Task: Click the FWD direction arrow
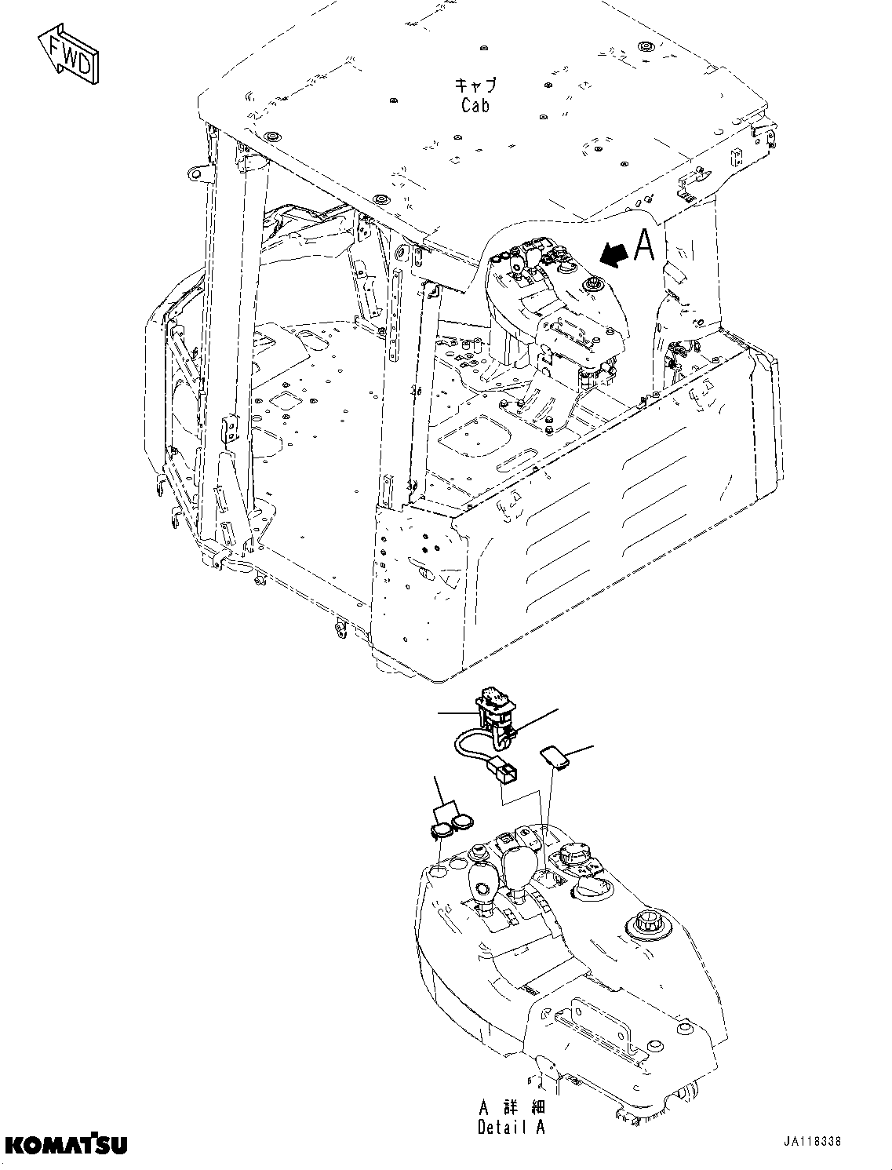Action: (69, 53)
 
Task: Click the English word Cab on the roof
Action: (475, 104)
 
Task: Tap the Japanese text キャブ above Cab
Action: (475, 85)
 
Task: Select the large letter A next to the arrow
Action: (644, 245)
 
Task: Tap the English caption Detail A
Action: (511, 1127)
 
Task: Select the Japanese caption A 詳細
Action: (511, 1108)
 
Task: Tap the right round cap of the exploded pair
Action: (461, 822)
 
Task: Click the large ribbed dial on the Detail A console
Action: (573, 861)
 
